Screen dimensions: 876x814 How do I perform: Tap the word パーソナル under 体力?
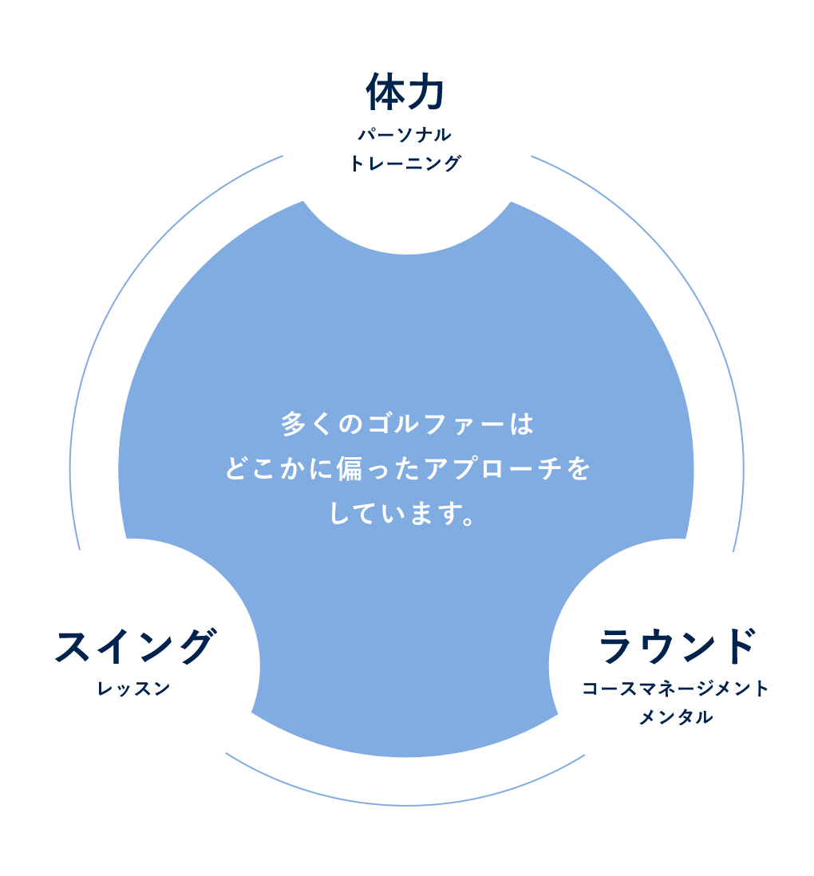point(405,135)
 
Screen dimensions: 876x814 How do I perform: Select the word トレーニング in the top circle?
point(405,164)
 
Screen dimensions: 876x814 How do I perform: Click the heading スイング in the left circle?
point(135,646)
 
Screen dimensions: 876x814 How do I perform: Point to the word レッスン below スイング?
point(134,689)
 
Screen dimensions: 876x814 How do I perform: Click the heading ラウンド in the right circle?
point(676,646)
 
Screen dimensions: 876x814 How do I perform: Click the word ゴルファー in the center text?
point(436,424)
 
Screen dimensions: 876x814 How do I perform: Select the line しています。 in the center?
point(402,512)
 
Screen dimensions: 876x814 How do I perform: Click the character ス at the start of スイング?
point(74,646)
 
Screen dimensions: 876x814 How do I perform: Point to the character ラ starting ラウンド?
point(616,646)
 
